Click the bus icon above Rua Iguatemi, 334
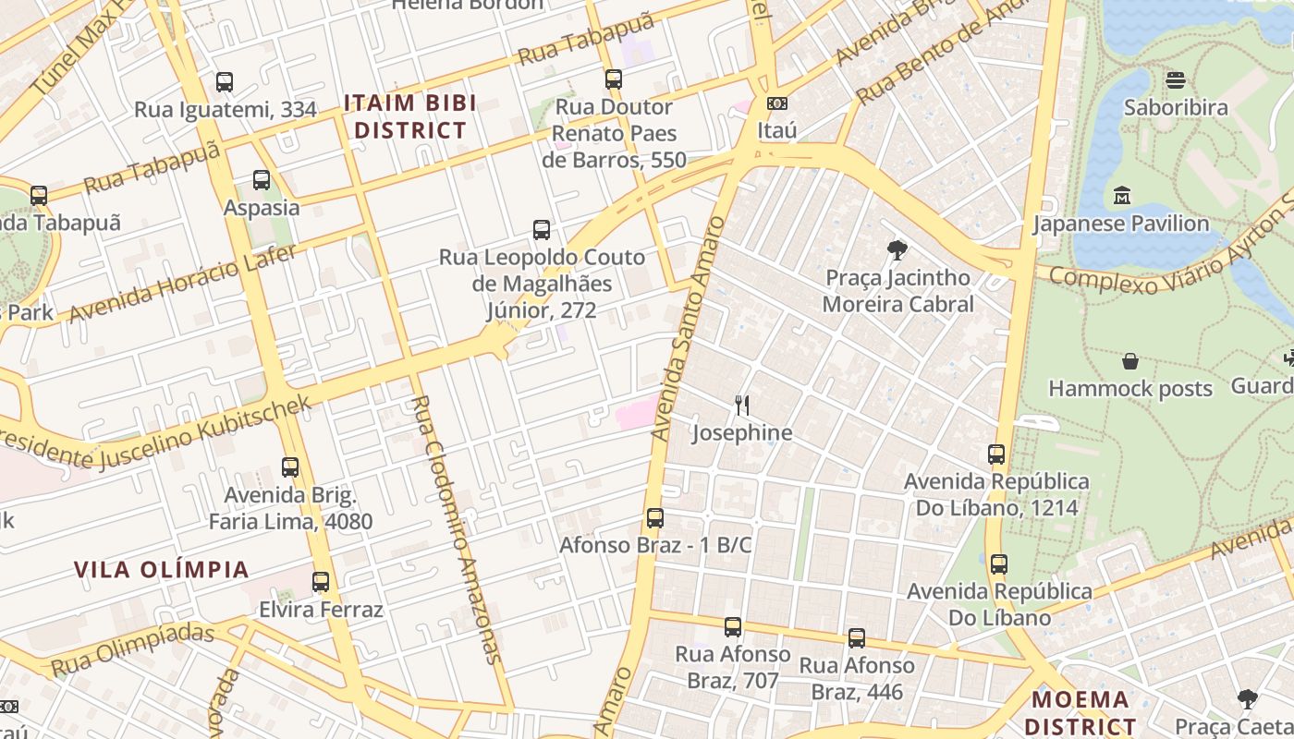(225, 82)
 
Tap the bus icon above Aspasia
(262, 180)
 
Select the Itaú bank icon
(776, 103)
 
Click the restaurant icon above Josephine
(741, 405)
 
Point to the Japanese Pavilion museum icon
(1122, 196)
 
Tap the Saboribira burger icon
(1176, 80)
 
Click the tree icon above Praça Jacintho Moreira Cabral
(896, 249)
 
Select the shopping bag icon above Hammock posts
(1129, 361)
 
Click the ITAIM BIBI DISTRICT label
(410, 116)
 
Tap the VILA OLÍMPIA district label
(162, 569)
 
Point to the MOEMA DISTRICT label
(1080, 712)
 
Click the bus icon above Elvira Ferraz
(321, 582)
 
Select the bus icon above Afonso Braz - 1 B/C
(655, 517)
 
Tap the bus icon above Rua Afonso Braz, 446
(857, 637)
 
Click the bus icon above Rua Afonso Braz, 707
(733, 627)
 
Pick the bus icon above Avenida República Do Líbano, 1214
(995, 454)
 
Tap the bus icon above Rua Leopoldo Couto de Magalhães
(542, 229)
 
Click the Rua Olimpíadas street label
(133, 650)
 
